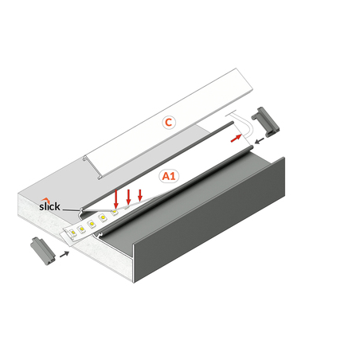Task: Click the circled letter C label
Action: (169, 123)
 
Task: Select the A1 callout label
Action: (169, 176)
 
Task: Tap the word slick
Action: (49, 206)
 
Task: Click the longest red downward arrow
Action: (115, 199)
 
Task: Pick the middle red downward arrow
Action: (128, 197)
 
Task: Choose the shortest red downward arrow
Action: (140, 195)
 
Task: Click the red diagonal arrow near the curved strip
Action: (236, 139)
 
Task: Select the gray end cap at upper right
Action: (265, 122)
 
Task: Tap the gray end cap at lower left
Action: (43, 251)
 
